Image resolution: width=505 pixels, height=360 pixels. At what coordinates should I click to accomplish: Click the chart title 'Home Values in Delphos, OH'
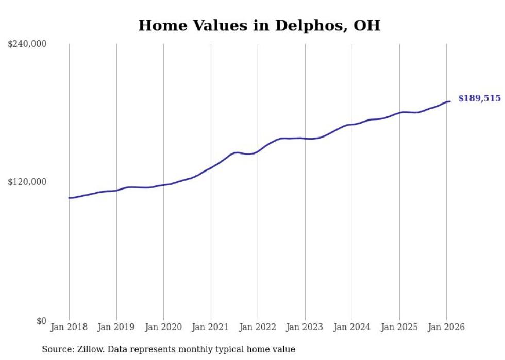pyautogui.click(x=259, y=25)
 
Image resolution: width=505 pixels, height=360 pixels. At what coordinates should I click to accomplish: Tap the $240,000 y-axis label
pyautogui.click(x=27, y=44)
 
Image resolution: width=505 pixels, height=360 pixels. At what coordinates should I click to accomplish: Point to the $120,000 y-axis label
pyautogui.click(x=27, y=182)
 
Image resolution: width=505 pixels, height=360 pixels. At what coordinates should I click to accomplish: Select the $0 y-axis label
pyautogui.click(x=41, y=321)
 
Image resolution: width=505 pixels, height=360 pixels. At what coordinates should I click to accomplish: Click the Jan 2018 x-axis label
pyautogui.click(x=69, y=327)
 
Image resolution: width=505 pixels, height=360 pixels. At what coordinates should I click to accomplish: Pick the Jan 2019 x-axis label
pyautogui.click(x=116, y=327)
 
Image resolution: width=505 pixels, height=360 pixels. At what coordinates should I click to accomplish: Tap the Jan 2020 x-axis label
pyautogui.click(x=163, y=327)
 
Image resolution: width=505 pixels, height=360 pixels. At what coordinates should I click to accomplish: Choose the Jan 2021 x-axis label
pyautogui.click(x=210, y=327)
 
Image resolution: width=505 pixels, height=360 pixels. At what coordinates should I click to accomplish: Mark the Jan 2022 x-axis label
pyautogui.click(x=258, y=327)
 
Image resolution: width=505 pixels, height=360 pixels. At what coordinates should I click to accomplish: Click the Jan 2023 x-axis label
pyautogui.click(x=305, y=327)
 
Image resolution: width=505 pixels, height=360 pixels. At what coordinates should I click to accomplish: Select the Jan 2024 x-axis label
pyautogui.click(x=352, y=327)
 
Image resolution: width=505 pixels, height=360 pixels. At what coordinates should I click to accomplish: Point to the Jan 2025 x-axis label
pyautogui.click(x=399, y=327)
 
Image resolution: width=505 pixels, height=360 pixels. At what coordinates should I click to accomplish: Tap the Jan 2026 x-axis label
pyautogui.click(x=446, y=327)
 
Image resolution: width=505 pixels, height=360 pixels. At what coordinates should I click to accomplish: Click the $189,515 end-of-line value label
pyautogui.click(x=479, y=98)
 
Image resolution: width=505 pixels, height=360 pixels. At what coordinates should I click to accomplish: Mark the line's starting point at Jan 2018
pyautogui.click(x=69, y=198)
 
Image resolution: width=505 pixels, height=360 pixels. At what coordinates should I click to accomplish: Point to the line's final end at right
pyautogui.click(x=450, y=101)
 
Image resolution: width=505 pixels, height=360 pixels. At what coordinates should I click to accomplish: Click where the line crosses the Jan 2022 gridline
pyautogui.click(x=258, y=151)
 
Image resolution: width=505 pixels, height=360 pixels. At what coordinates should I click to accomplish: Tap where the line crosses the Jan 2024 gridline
pyautogui.click(x=352, y=124)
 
